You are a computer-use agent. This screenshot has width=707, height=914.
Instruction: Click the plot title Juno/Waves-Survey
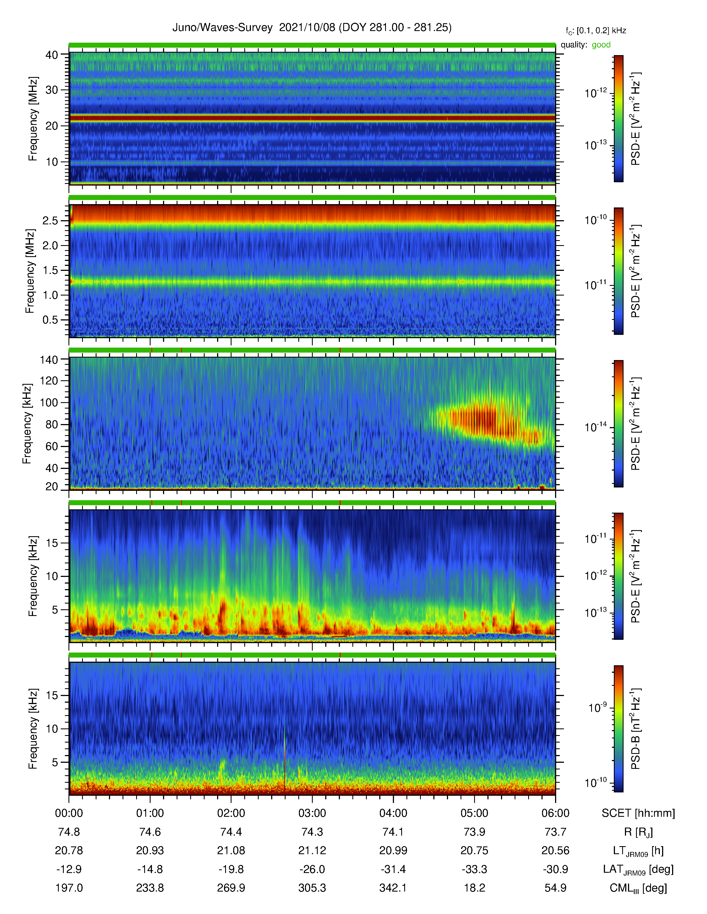click(x=222, y=28)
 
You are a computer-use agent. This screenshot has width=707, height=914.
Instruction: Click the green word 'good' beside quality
click(x=601, y=45)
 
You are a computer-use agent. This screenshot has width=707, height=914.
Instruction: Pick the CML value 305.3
click(x=312, y=888)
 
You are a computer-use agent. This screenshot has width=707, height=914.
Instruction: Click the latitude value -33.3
click(x=474, y=869)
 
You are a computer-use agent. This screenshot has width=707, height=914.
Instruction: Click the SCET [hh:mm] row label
click(x=638, y=813)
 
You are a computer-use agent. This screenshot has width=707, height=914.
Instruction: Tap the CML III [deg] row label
click(x=638, y=888)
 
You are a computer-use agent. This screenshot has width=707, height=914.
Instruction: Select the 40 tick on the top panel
click(x=52, y=55)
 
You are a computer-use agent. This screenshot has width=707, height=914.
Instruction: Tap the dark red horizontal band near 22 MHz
click(x=312, y=119)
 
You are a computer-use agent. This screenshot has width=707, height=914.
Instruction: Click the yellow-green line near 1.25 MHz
click(x=312, y=282)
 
